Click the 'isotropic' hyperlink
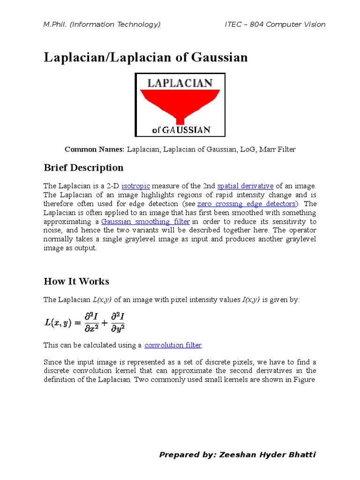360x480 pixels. point(135,186)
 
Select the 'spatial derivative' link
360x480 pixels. point(245,186)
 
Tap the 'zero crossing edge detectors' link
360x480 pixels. point(247,204)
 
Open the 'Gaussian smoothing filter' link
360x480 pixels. point(145,222)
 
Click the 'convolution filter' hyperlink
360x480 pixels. point(173,345)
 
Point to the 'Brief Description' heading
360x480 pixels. point(83,168)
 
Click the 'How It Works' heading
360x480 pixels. point(76,282)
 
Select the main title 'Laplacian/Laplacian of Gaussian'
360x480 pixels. point(146,58)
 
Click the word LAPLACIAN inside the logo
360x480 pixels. point(180,83)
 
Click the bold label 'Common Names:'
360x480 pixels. point(94,150)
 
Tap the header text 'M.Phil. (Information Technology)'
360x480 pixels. point(102,24)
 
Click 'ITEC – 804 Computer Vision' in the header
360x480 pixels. point(275,24)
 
